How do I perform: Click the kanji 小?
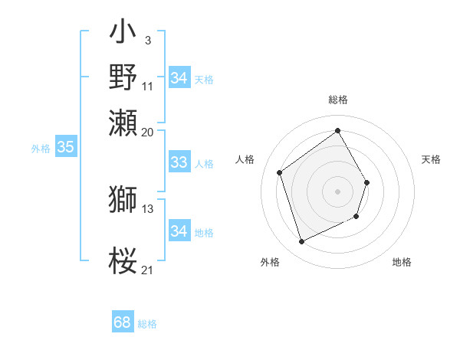point(123,35)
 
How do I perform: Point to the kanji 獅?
point(123,199)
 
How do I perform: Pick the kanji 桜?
point(123,260)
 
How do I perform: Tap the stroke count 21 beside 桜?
point(147,270)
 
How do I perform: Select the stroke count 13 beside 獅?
point(147,208)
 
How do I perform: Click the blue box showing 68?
point(123,323)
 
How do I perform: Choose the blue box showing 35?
point(65,148)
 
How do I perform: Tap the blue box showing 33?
point(179,162)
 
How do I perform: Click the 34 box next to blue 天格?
point(179,78)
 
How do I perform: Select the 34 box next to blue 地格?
point(179,231)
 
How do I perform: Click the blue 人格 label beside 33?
point(204,163)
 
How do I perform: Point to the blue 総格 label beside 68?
point(147,324)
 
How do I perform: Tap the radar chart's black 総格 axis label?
point(337,100)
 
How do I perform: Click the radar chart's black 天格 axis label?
point(431,159)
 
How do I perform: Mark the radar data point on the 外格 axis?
point(301,242)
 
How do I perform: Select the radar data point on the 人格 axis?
point(280,173)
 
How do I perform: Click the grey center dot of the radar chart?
point(337,191)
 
